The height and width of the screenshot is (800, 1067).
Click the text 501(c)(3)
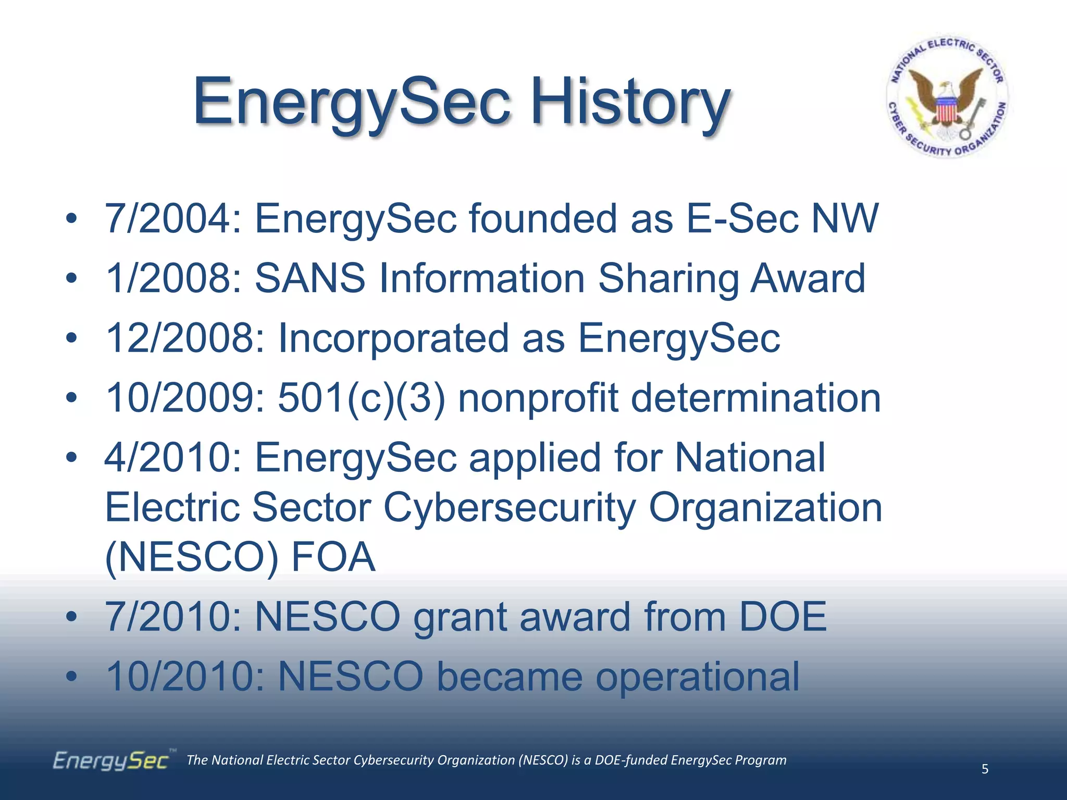(x=362, y=398)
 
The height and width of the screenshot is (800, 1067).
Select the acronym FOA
(x=333, y=557)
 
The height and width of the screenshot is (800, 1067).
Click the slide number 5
(x=985, y=769)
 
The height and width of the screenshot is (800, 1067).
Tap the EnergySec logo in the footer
(x=111, y=761)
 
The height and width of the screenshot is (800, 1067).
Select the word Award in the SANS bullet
(x=808, y=279)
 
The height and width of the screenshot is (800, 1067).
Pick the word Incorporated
(x=393, y=339)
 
